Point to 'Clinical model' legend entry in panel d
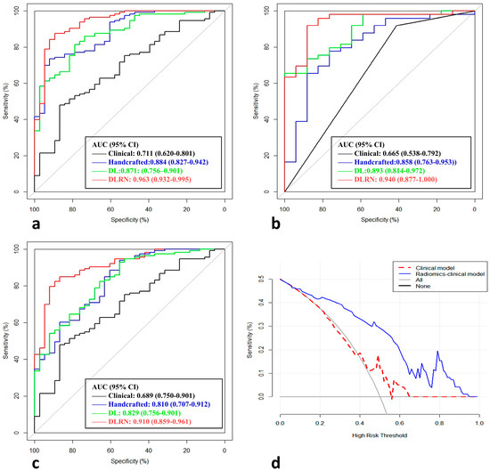[x=419, y=265]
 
